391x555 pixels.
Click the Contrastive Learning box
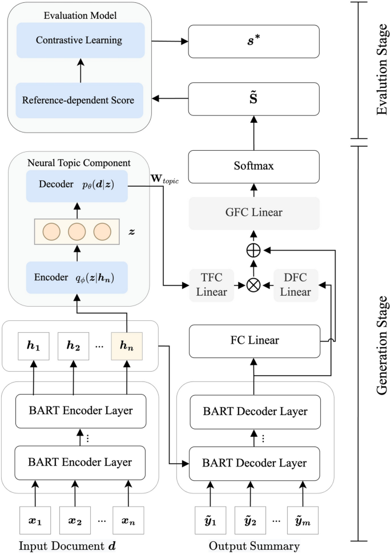[x=79, y=41]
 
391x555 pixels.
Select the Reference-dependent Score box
[x=79, y=100]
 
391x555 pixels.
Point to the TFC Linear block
[x=212, y=284]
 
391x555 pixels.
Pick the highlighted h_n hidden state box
[x=126, y=346]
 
